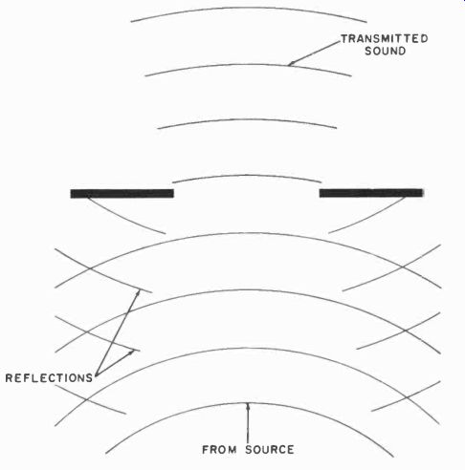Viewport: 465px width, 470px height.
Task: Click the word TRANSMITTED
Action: (x=385, y=39)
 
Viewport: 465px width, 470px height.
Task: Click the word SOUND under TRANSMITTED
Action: (x=385, y=51)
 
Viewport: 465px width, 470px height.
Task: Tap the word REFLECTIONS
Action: (x=49, y=378)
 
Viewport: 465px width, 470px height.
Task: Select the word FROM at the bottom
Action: (x=219, y=450)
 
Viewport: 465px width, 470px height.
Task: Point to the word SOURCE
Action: (x=270, y=450)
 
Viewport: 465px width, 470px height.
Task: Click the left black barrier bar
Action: (x=122, y=193)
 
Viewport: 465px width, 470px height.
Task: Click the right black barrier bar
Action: (x=371, y=193)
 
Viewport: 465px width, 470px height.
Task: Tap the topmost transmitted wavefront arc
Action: (x=249, y=8)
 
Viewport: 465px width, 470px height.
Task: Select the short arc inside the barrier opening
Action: (x=247, y=175)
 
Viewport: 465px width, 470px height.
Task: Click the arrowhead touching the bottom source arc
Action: (x=248, y=406)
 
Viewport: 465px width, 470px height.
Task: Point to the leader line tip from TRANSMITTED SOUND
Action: (x=289, y=65)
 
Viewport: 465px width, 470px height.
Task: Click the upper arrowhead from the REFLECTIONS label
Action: (x=139, y=291)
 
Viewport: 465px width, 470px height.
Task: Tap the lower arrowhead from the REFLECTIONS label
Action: (x=132, y=352)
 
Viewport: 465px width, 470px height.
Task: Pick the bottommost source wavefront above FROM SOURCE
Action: (x=249, y=403)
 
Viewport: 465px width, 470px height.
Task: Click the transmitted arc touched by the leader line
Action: (x=248, y=65)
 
